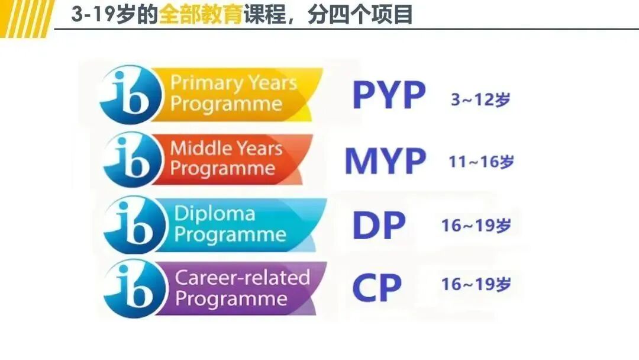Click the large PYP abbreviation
pyautogui.click(x=389, y=95)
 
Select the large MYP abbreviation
pyautogui.click(x=385, y=160)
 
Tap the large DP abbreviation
pyautogui.click(x=379, y=225)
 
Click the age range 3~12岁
pyautogui.click(x=480, y=99)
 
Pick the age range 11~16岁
pyautogui.click(x=481, y=162)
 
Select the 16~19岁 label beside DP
pyautogui.click(x=476, y=226)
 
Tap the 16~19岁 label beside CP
pyautogui.click(x=476, y=284)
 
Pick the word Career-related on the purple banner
pyautogui.click(x=243, y=277)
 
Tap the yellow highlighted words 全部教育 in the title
pyautogui.click(x=201, y=15)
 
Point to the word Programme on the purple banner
pyautogui.click(x=231, y=298)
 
